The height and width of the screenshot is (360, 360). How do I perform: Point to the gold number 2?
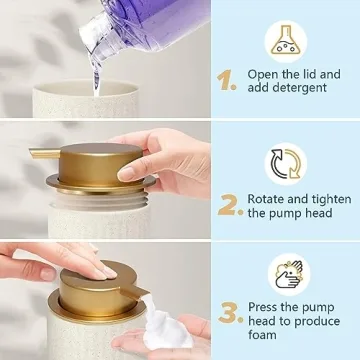tap(230, 204)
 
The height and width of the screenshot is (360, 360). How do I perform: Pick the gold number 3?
tap(230, 314)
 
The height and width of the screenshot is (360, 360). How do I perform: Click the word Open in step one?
tap(267, 73)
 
